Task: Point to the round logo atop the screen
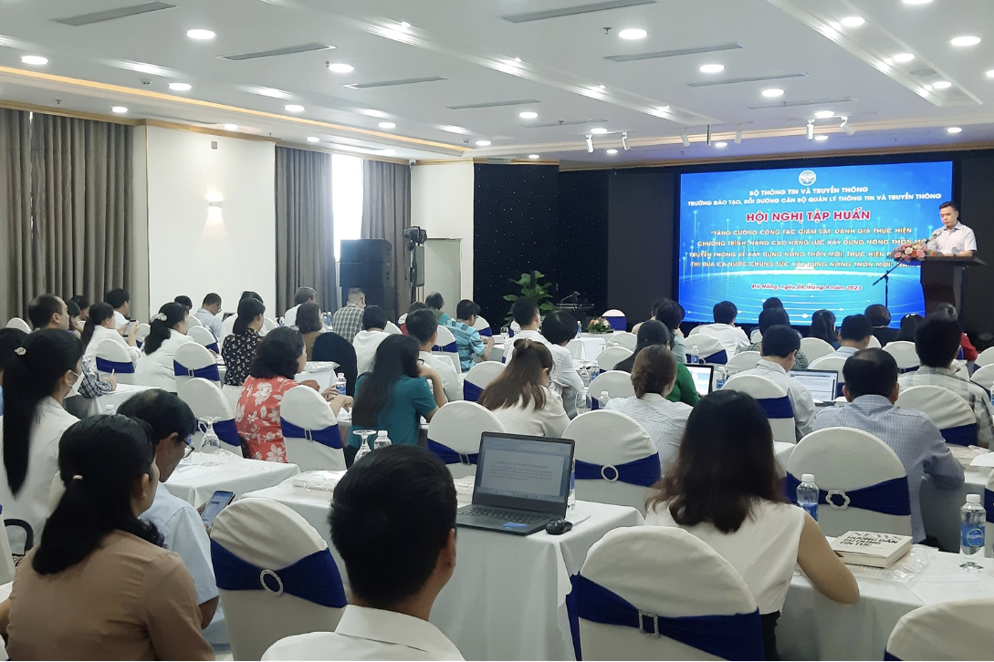[x=807, y=178]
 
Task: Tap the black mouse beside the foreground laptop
[x=558, y=527]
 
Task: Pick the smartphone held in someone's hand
[x=216, y=508]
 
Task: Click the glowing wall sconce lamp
[x=214, y=207]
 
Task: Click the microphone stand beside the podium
[x=884, y=283]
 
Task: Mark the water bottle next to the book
[x=971, y=526]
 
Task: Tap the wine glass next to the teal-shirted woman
[x=363, y=443]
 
